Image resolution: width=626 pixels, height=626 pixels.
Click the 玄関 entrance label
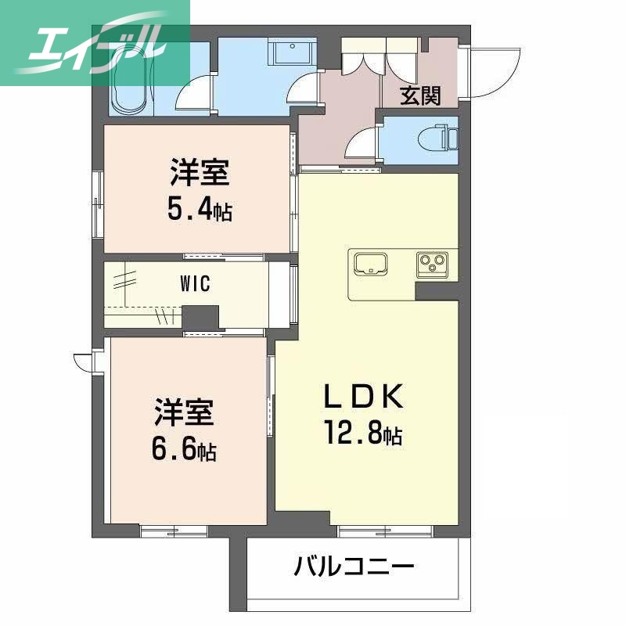pyautogui.click(x=420, y=95)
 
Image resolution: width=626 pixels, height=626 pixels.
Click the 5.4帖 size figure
pyautogui.click(x=199, y=209)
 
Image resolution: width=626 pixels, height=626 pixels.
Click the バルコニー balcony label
pyautogui.click(x=354, y=566)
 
